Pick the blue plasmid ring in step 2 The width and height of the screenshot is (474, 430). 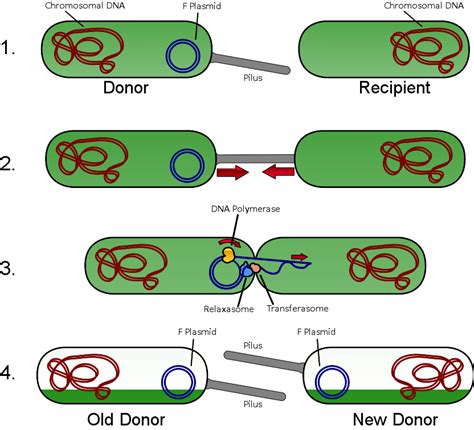tap(186, 162)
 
